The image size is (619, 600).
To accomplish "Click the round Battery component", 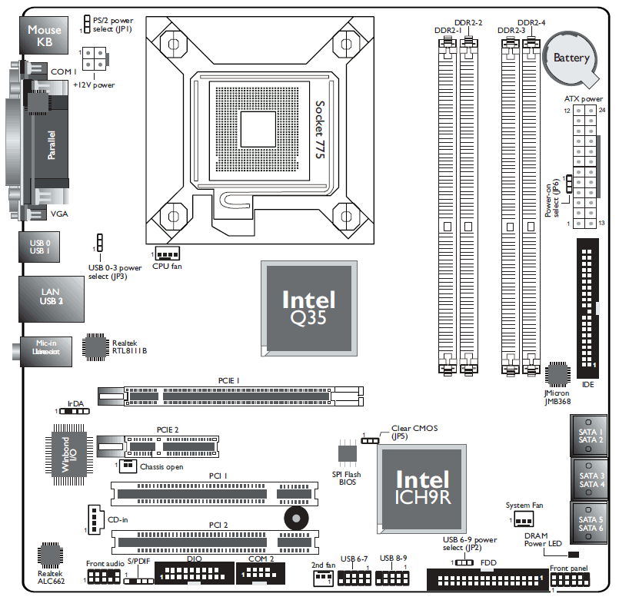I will (x=571, y=58).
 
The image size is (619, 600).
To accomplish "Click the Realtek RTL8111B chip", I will (x=95, y=347).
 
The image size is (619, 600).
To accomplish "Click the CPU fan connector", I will (x=167, y=254).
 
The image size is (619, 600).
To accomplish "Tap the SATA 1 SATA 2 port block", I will (x=591, y=436).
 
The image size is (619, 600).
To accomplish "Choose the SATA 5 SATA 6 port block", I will (x=591, y=523).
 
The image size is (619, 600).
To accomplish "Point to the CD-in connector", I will (x=94, y=519).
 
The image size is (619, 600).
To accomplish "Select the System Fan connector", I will (x=524, y=520).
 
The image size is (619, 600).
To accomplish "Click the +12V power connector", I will (x=95, y=58).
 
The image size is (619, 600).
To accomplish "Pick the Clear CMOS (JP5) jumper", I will (x=371, y=441).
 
